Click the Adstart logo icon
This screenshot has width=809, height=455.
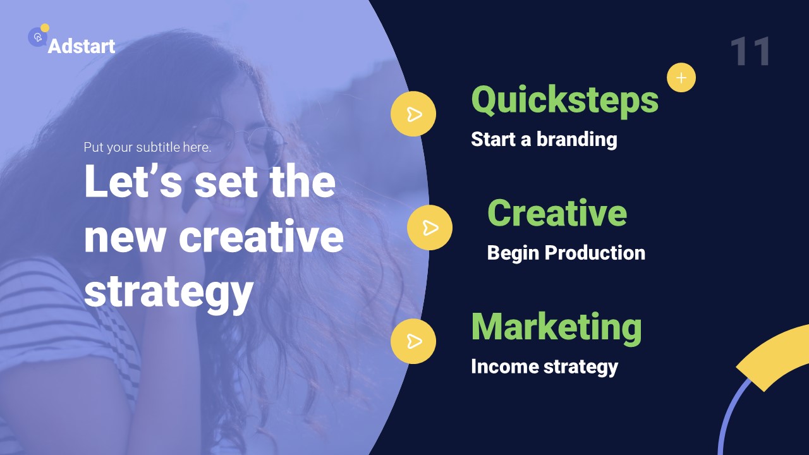(38, 37)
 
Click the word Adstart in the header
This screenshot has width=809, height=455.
(82, 46)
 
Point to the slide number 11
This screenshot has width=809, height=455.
(751, 52)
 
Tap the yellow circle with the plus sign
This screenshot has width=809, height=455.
(681, 78)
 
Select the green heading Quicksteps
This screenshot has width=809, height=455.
(564, 100)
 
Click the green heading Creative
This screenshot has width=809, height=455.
(557, 213)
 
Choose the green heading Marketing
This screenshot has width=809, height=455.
(556, 327)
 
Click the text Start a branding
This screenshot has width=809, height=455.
(544, 139)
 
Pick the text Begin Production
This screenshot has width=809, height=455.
(566, 253)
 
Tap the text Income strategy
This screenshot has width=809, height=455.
(544, 367)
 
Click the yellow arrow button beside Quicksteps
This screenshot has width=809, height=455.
(413, 114)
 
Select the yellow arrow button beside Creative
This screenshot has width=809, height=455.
(430, 227)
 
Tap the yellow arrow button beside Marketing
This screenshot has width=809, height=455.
(413, 341)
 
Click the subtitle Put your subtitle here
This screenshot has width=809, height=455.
(147, 147)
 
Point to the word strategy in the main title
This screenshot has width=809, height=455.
(169, 292)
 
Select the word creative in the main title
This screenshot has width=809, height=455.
(261, 237)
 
